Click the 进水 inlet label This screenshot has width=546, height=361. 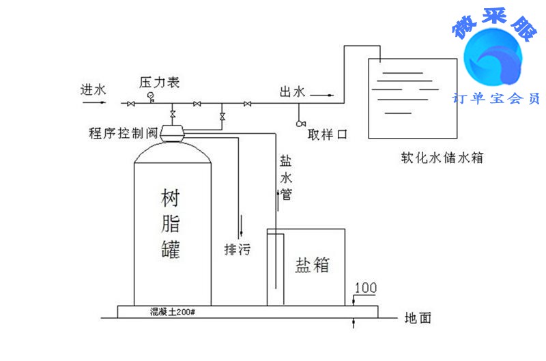(94, 89)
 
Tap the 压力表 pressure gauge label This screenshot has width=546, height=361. (159, 82)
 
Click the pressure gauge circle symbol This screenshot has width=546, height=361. (150, 96)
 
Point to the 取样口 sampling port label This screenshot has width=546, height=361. (327, 134)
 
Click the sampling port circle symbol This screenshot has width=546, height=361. (300, 124)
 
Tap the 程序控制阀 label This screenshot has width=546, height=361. (124, 132)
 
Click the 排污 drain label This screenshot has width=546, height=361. (238, 250)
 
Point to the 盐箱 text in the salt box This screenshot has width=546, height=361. (312, 265)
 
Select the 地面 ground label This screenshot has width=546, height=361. (418, 318)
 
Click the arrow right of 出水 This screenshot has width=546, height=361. (326, 95)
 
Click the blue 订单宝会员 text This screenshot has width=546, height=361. (496, 98)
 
